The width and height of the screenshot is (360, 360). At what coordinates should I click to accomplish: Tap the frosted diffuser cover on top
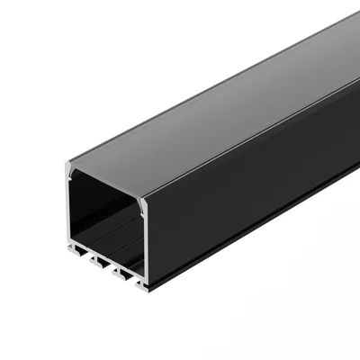207,108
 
